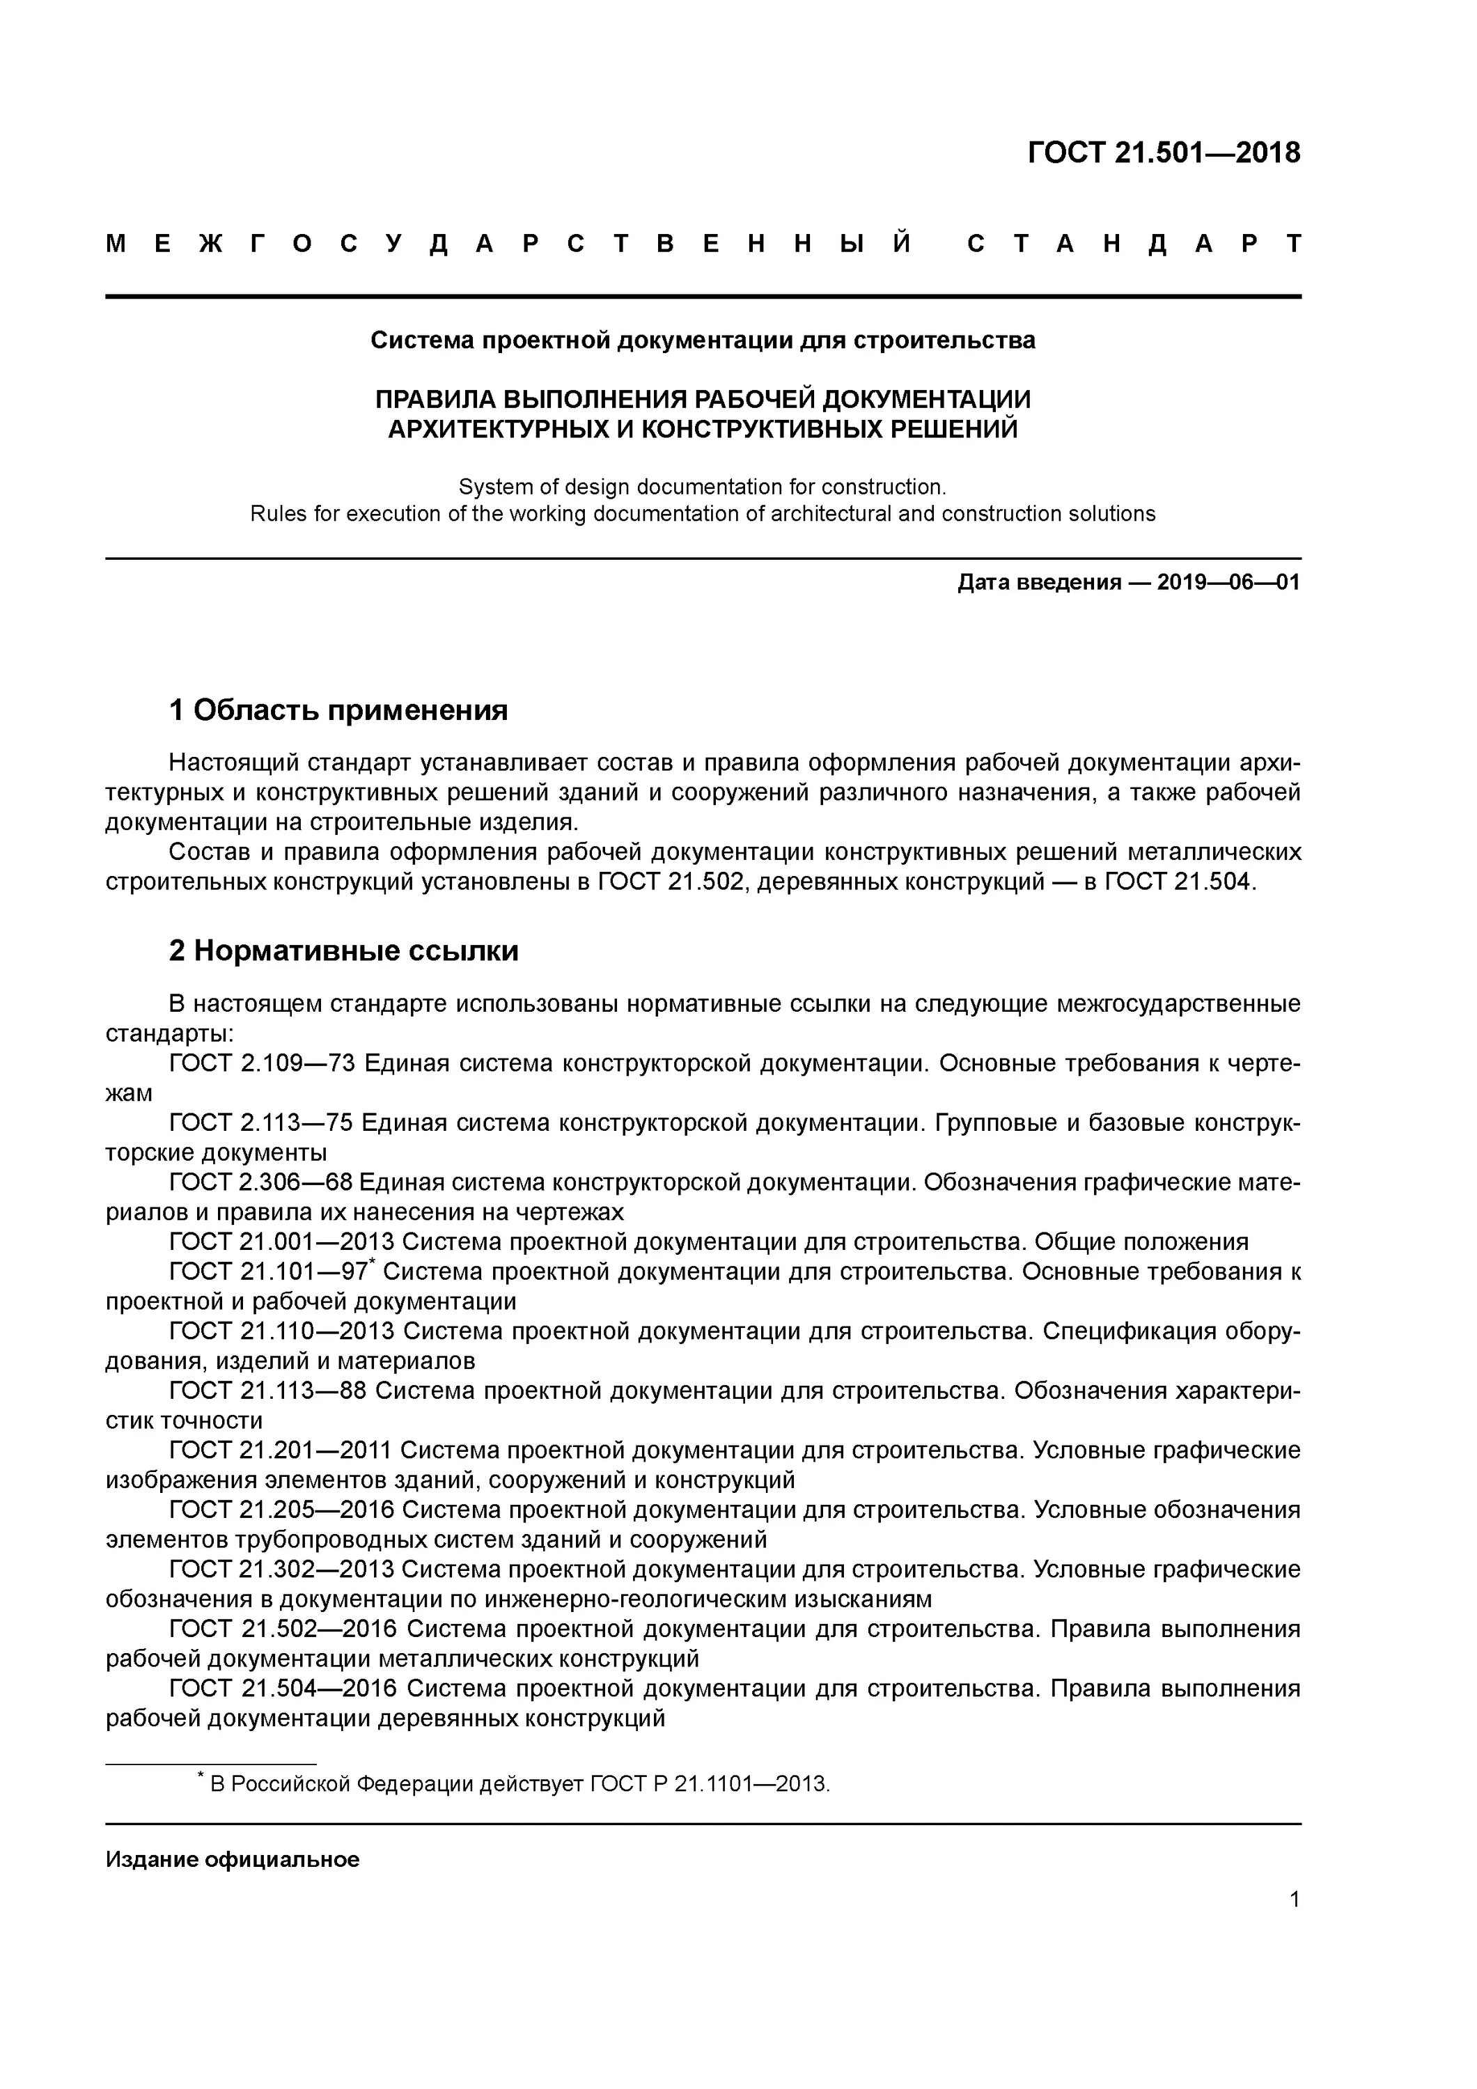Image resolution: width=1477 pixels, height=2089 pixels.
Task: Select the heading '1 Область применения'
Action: (338, 710)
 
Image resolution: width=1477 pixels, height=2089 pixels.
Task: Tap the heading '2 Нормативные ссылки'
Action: (343, 950)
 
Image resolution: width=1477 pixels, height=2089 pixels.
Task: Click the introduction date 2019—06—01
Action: (1228, 582)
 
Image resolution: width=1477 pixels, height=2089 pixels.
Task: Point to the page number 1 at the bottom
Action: (1294, 1899)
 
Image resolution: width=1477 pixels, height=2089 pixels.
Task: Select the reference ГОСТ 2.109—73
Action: (261, 1063)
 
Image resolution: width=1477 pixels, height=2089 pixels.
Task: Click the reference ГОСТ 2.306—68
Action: (261, 1183)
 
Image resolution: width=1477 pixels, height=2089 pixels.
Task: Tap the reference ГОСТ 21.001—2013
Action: (281, 1242)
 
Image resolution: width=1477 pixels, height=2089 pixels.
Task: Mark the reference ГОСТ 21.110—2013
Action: (281, 1331)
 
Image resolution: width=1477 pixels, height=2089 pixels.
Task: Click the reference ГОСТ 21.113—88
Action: (269, 1391)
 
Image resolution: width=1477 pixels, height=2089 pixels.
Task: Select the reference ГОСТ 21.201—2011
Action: (281, 1450)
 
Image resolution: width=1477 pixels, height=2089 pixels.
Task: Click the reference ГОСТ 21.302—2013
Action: (281, 1570)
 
